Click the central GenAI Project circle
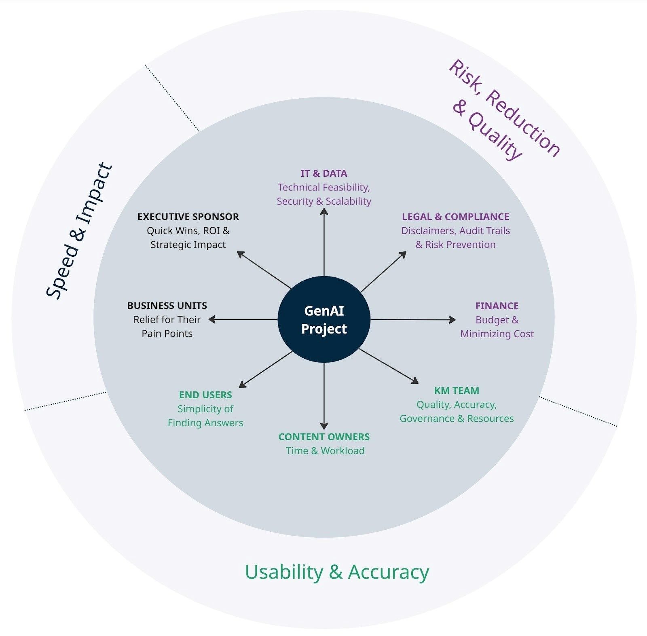[x=324, y=319]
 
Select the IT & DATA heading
[x=324, y=173]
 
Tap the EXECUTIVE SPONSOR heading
[x=188, y=217]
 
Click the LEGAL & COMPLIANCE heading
[x=455, y=217]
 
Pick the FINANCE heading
[x=497, y=306]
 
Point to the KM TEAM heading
[x=457, y=391]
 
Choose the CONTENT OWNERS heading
[x=324, y=437]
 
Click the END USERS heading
[x=205, y=395]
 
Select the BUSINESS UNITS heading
[x=167, y=306]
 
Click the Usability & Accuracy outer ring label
[x=337, y=572]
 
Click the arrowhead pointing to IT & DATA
[x=324, y=211]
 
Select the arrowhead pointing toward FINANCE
[x=452, y=320]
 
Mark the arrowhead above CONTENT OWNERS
[x=324, y=426]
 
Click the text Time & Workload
[x=325, y=451]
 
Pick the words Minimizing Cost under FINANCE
[x=497, y=334]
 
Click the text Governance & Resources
[x=457, y=418]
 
